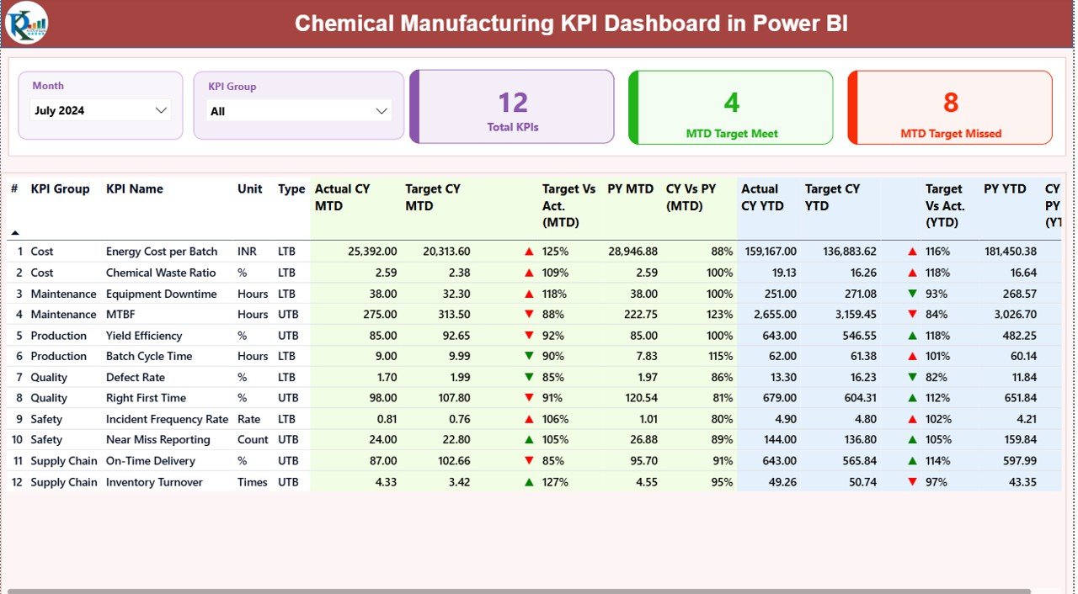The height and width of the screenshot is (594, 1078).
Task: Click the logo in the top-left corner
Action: (26, 24)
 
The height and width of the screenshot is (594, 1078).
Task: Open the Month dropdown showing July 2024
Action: (100, 110)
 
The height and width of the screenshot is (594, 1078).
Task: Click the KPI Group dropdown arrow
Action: (382, 111)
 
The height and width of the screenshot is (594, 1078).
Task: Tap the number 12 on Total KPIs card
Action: (512, 103)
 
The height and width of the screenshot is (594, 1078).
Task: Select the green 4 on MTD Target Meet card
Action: (731, 103)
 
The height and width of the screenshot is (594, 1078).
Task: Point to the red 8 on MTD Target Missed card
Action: (950, 103)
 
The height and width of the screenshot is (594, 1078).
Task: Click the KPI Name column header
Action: (135, 189)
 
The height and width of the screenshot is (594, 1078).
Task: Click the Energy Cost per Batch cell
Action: (162, 252)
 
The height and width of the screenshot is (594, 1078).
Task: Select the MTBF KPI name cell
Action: (120, 315)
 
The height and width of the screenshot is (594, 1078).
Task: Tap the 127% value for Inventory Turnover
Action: (555, 482)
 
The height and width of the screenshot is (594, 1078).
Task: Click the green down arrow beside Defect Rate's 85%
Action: (529, 377)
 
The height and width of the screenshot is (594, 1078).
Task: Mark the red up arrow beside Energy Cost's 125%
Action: (529, 252)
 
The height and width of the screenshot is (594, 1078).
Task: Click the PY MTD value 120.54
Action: (638, 398)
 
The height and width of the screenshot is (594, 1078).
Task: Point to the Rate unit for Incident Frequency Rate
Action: (249, 419)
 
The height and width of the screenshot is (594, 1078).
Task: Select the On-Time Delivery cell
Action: (151, 461)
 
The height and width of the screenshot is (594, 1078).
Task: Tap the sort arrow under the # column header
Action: (14, 233)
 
